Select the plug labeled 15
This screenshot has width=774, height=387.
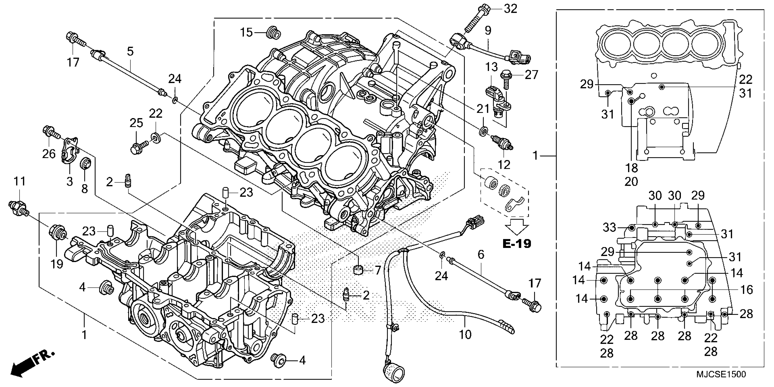click(x=274, y=33)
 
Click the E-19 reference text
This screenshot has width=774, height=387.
click(x=517, y=243)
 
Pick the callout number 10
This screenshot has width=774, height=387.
click(x=465, y=334)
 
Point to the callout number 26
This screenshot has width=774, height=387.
click(x=49, y=154)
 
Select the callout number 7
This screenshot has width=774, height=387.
click(x=377, y=270)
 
